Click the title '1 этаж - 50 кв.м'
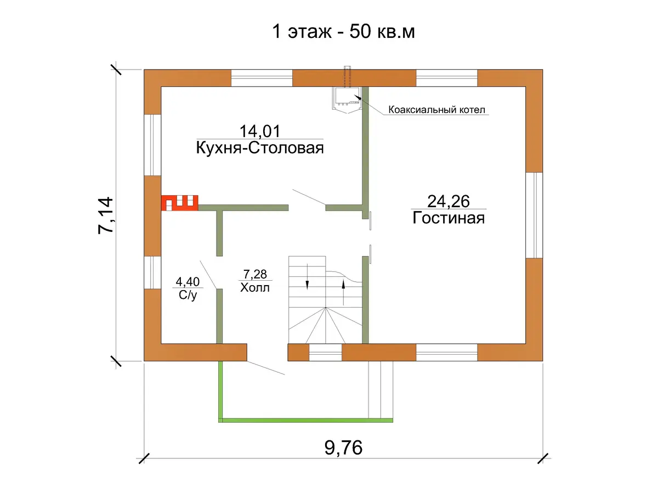tap(343, 31)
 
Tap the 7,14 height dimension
tap(106, 215)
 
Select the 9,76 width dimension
tap(343, 448)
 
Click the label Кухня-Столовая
tap(260, 148)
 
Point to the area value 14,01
tap(260, 131)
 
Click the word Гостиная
tap(449, 218)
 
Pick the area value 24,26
tap(449, 201)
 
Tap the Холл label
tap(255, 288)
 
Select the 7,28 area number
tap(255, 274)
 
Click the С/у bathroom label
tap(188, 296)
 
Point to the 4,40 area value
tap(188, 282)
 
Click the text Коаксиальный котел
tap(437, 110)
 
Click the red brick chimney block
tap(179, 203)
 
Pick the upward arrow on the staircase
tap(344, 292)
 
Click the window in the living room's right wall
tap(534, 215)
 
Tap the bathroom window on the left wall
tap(152, 273)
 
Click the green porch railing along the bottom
tap(305, 420)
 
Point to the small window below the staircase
tap(325, 352)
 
